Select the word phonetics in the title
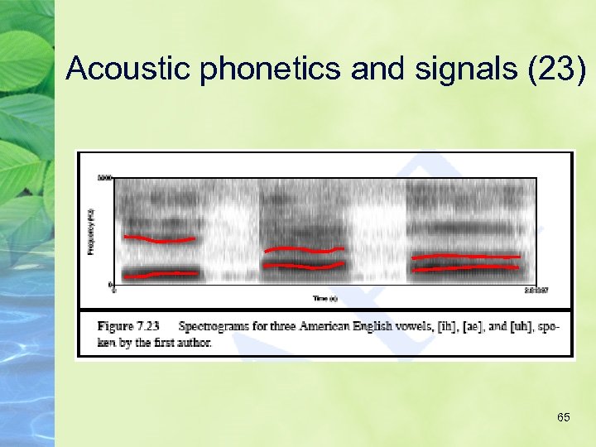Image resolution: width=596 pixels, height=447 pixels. point(270,69)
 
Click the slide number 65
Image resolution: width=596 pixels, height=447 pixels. point(563,417)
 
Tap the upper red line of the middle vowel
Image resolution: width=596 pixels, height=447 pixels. point(303,249)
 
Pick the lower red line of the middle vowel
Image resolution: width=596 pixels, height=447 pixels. point(303,267)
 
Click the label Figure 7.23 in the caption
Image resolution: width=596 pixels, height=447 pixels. point(127,326)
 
